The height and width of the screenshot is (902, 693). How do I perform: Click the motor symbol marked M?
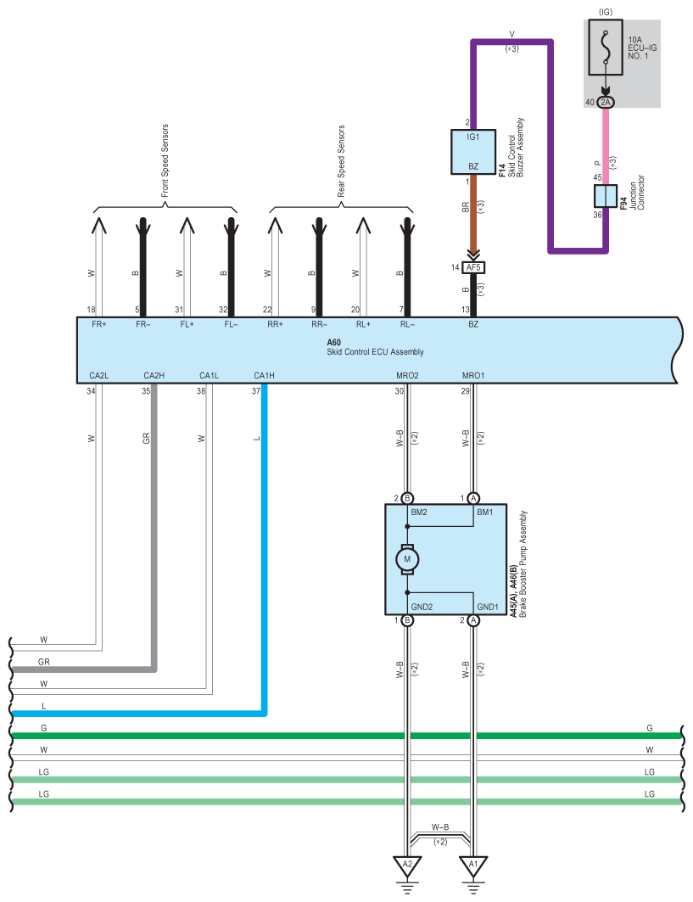(406, 559)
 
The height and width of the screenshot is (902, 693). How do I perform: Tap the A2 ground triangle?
(407, 866)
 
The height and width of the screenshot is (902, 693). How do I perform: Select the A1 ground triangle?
(473, 866)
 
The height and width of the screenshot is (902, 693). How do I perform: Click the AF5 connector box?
(473, 267)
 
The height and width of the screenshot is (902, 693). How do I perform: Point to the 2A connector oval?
(605, 102)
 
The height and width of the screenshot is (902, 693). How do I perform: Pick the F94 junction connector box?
(605, 195)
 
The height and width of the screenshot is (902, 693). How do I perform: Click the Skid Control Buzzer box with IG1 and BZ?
(473, 151)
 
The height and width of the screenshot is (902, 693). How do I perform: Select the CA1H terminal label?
(264, 375)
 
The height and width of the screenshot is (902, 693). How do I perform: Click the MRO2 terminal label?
(407, 375)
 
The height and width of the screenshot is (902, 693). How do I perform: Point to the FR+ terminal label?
(98, 325)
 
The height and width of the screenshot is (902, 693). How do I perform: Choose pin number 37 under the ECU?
(255, 391)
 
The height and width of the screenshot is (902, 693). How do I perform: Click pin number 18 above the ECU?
(91, 310)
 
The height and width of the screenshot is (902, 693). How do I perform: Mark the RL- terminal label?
(408, 325)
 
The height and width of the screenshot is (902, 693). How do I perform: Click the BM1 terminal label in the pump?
(485, 513)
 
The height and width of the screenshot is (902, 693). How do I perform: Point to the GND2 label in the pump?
(422, 607)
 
